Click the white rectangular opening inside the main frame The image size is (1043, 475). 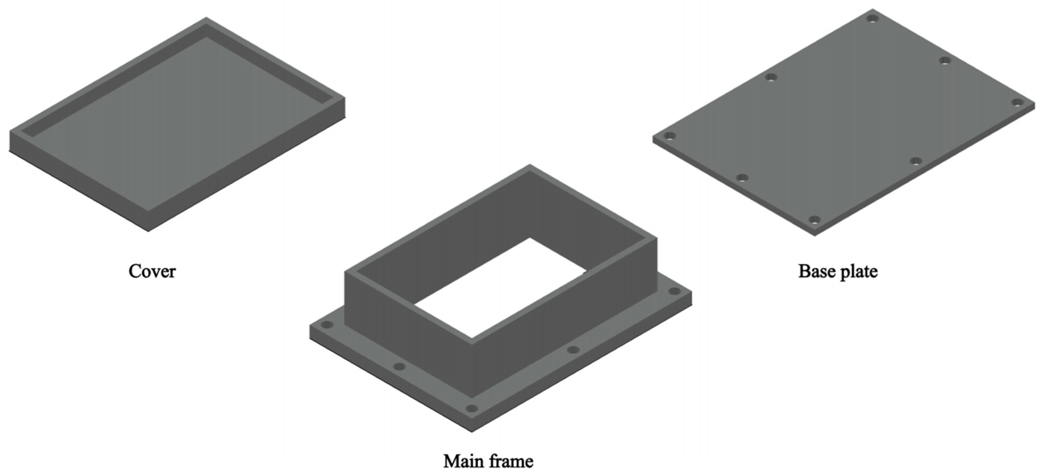coord(500,288)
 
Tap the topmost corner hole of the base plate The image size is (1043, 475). coord(873,19)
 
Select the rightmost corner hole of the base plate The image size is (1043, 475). coord(1017,102)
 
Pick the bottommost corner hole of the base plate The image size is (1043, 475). coord(814,220)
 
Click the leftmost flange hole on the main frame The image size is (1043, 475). coord(326,325)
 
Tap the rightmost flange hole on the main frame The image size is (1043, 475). coord(674,291)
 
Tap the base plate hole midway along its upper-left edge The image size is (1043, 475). coord(771,77)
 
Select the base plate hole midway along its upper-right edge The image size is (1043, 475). coord(945,61)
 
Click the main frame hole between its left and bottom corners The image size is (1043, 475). coord(399,367)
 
